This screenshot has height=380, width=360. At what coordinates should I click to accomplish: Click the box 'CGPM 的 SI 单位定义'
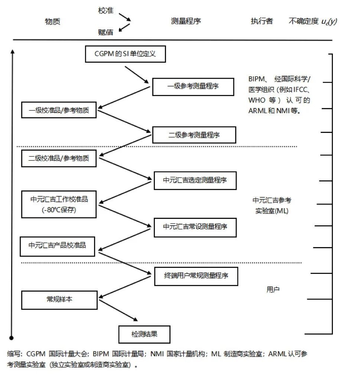click(125, 54)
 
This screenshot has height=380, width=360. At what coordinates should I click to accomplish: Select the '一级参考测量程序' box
click(193, 87)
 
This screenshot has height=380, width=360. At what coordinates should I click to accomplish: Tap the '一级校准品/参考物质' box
click(59, 110)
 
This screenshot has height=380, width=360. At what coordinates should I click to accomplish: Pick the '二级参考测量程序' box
click(194, 135)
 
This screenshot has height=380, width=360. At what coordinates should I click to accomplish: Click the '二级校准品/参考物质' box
click(59, 158)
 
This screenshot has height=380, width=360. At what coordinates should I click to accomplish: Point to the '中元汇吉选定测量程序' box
click(195, 181)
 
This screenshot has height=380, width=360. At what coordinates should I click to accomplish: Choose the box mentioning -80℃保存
click(60, 204)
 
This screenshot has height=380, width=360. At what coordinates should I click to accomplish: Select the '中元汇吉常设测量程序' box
click(195, 227)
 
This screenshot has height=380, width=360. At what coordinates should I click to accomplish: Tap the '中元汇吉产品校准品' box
click(58, 245)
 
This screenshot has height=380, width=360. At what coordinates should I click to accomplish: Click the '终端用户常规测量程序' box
click(196, 276)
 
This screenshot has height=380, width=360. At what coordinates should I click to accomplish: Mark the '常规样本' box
click(59, 299)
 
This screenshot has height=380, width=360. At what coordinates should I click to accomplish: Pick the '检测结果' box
click(144, 334)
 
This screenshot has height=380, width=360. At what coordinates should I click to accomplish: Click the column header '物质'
click(52, 22)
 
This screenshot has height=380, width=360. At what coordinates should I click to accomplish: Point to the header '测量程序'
click(186, 21)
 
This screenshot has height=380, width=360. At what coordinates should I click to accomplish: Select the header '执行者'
click(262, 21)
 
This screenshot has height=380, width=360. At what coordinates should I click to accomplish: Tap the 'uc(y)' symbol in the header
click(329, 22)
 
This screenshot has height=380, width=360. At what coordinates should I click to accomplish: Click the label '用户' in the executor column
click(273, 289)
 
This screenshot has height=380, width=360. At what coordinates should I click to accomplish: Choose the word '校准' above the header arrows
click(106, 11)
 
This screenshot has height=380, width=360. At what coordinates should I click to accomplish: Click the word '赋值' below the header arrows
click(106, 33)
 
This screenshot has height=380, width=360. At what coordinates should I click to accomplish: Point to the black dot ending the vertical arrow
click(12, 338)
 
